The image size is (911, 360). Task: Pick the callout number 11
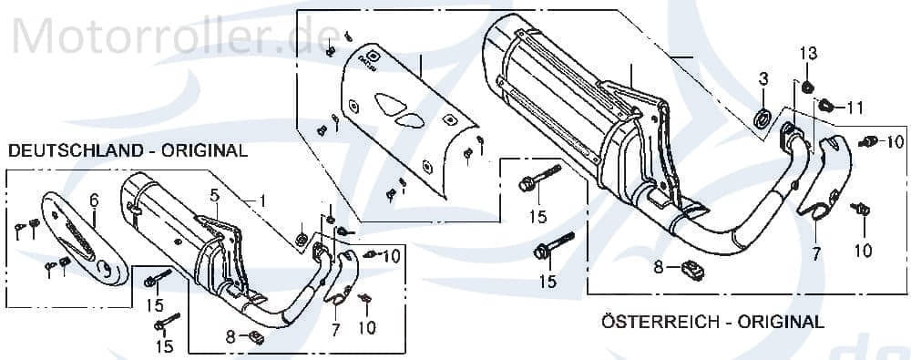tap(854, 108)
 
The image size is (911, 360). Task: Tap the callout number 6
tap(93, 200)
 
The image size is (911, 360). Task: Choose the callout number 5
tap(214, 194)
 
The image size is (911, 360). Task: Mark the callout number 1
tap(262, 201)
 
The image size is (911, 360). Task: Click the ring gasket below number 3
tap(763, 116)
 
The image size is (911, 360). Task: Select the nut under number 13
tap(807, 87)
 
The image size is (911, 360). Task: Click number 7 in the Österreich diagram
tap(816, 254)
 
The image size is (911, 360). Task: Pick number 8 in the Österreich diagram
tap(658, 268)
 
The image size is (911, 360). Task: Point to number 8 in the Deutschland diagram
tap(230, 336)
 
